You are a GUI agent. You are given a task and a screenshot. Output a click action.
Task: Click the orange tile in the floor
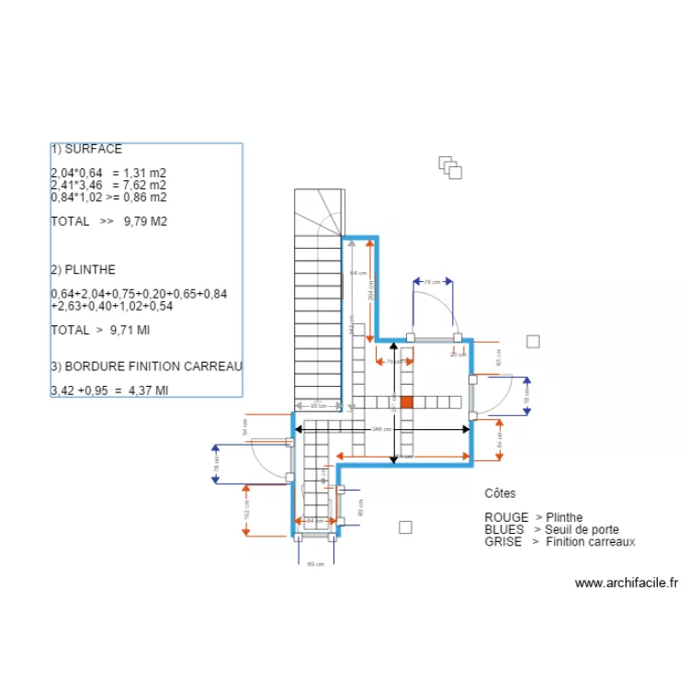click(405, 401)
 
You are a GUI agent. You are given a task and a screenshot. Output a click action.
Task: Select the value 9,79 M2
click(145, 221)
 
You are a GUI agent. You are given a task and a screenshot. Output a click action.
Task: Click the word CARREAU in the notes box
click(214, 367)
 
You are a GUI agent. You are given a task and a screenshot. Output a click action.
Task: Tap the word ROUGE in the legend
click(506, 517)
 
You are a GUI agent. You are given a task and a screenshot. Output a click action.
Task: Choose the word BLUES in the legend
click(504, 529)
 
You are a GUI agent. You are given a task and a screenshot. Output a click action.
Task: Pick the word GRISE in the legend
click(503, 542)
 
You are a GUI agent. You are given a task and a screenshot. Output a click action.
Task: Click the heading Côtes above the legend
click(501, 493)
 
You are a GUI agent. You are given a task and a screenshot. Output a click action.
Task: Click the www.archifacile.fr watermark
click(627, 582)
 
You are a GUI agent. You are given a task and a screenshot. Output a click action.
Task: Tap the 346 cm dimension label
click(378, 429)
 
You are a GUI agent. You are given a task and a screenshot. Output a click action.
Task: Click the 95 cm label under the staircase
click(318, 406)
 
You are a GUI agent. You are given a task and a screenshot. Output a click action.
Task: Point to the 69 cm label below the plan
click(315, 563)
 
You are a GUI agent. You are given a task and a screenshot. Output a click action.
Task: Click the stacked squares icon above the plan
click(449, 166)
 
